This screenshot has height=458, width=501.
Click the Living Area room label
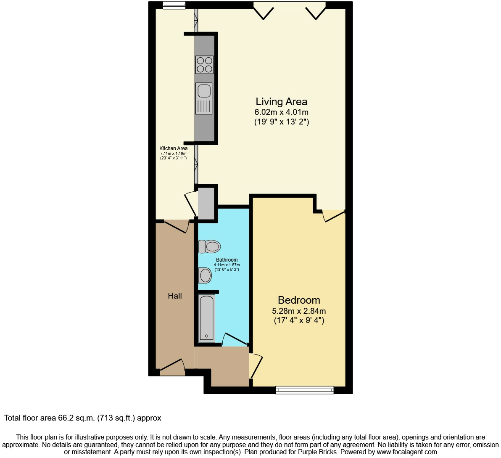click(281, 101)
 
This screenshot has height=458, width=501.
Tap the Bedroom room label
click(299, 300)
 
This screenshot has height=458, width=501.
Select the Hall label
click(175, 296)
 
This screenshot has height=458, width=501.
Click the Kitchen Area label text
click(173, 148)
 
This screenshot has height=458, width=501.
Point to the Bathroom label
click(227, 260)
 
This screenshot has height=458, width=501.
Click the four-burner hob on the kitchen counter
click(204, 65)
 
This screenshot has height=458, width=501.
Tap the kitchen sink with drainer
click(204, 98)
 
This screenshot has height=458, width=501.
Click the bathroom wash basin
click(205, 275)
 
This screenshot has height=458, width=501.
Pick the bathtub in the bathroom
click(206, 318)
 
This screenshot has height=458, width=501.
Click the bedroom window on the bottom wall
click(304, 390)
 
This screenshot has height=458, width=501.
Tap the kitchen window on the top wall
click(174, 5)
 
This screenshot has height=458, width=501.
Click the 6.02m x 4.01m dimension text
click(281, 112)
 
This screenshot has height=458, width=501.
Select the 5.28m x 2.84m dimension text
click(299, 311)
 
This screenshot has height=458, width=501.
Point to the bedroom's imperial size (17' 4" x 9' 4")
click(299, 320)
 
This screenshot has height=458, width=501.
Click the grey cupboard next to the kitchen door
click(206, 204)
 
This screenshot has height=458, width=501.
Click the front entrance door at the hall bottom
click(172, 367)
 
